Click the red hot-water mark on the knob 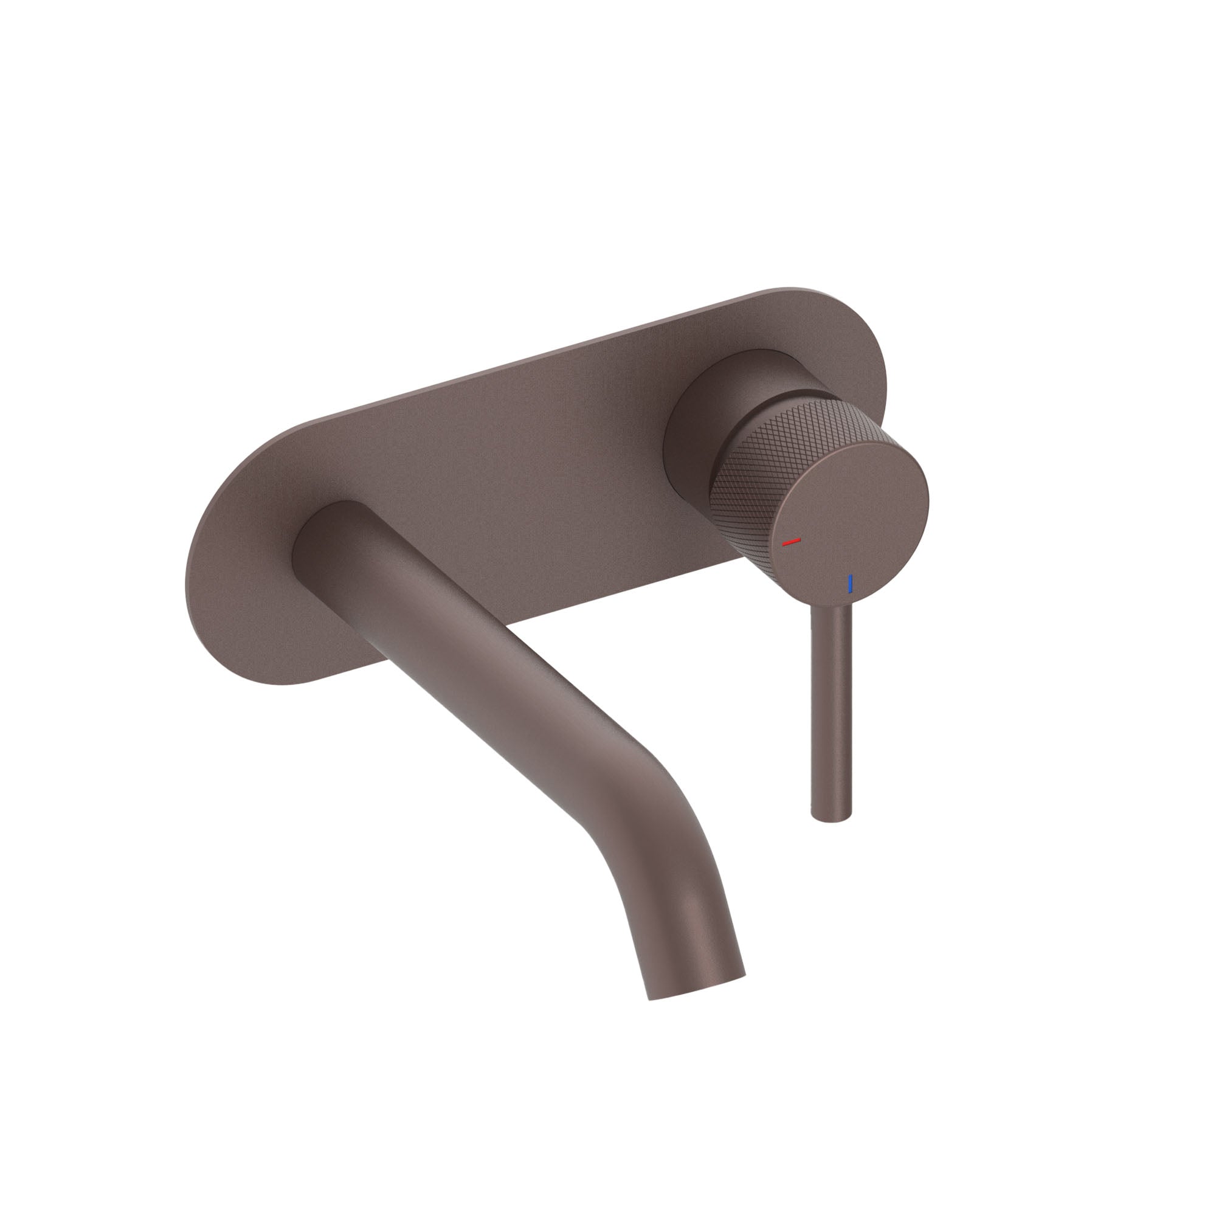790,541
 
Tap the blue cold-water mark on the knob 851,584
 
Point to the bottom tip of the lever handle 831,817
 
